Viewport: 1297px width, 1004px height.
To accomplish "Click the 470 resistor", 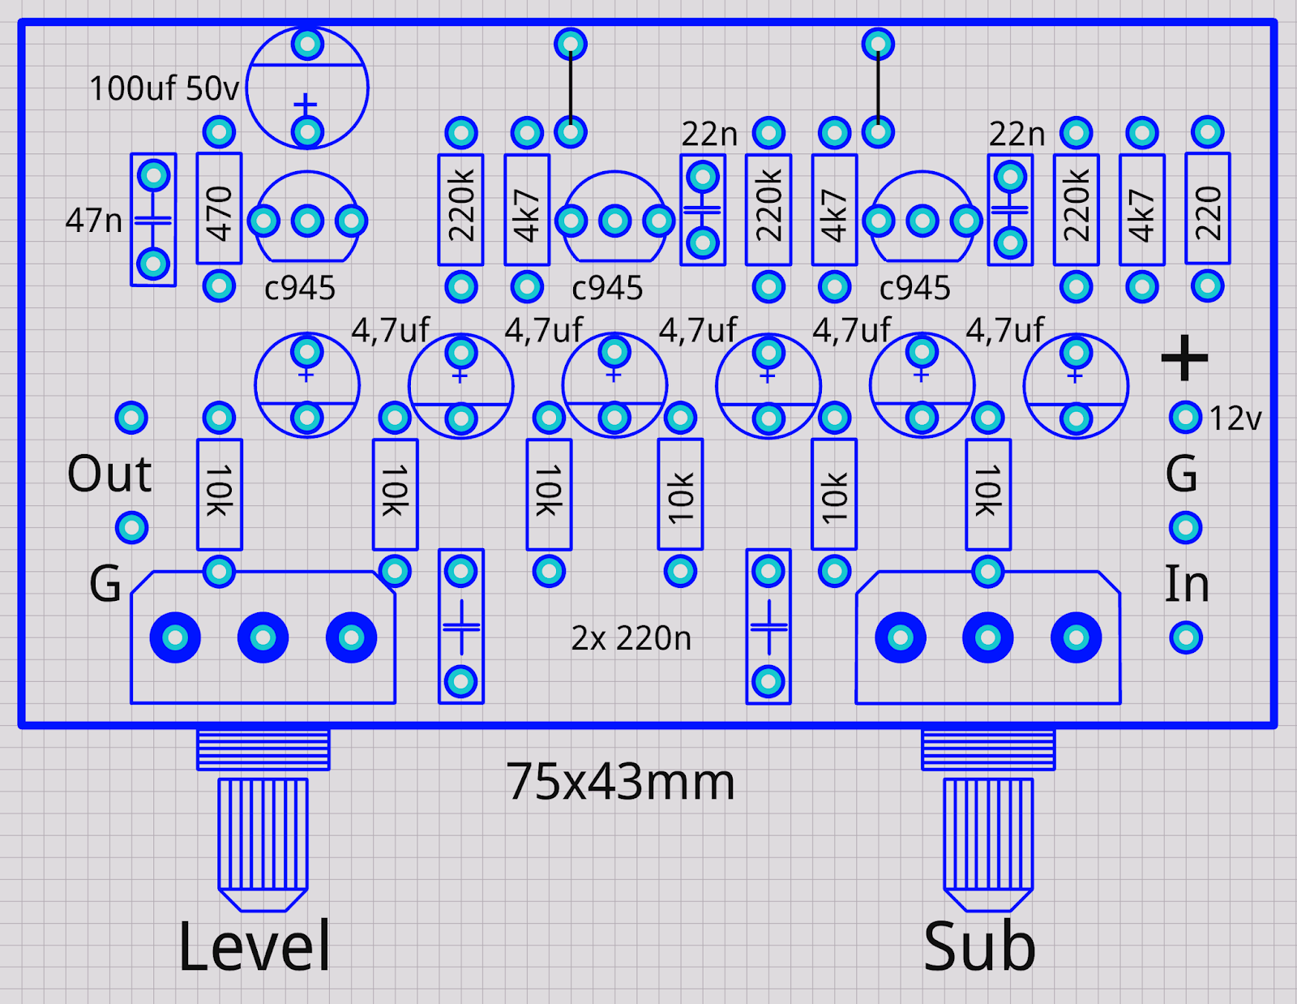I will click(x=219, y=208).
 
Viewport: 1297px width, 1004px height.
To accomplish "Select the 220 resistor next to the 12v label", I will click(x=1207, y=208).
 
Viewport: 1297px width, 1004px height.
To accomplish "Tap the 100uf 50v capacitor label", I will click(x=164, y=88).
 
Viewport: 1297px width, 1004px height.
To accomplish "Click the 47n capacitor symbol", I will click(x=153, y=220).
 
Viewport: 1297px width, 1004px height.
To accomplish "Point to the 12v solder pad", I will click(x=1185, y=418).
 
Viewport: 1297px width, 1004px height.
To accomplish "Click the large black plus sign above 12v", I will click(x=1184, y=358).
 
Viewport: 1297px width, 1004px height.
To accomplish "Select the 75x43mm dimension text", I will click(x=620, y=782).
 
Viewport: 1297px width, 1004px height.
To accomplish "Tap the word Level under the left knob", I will click(x=255, y=946).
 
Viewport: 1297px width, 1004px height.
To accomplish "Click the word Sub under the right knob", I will click(x=979, y=946).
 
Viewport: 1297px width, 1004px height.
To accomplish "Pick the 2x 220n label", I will click(x=631, y=638).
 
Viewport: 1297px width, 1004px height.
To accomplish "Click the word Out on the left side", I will click(x=109, y=474).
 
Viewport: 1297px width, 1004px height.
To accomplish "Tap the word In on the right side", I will click(x=1186, y=584).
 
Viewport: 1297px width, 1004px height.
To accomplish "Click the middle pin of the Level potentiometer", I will click(x=263, y=638).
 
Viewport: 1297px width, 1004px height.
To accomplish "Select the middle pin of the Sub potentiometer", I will click(x=987, y=638).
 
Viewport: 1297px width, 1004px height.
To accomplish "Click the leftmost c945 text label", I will click(x=300, y=288).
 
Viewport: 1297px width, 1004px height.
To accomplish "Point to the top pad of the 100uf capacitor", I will click(x=307, y=44).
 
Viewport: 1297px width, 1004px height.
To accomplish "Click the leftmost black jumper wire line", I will click(x=571, y=88).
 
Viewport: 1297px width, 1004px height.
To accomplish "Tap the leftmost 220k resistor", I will click(x=460, y=209).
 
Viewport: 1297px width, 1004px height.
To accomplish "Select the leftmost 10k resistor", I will click(x=219, y=494).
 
